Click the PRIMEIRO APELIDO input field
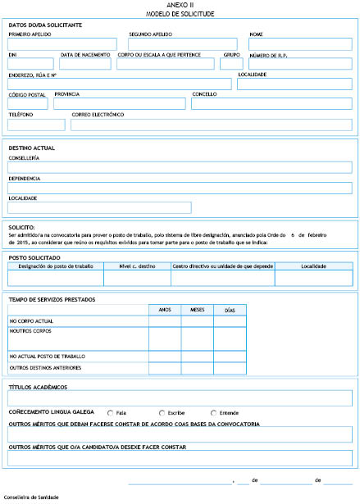pyautogui.click(x=64, y=45)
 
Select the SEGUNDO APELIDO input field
pyautogui.click(x=182, y=45)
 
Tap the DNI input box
pyautogui.click(x=30, y=64)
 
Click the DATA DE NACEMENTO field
pyautogui.click(x=86, y=64)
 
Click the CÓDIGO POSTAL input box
pyautogui.click(x=28, y=104)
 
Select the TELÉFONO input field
pyautogui.click(x=36, y=125)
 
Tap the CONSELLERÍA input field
pyautogui.click(x=180, y=167)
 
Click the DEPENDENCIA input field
pyautogui.click(x=180, y=188)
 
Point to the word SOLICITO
pyautogui.click(x=21, y=226)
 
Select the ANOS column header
pyautogui.click(x=164, y=310)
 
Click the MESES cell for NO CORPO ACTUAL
pyautogui.click(x=197, y=320)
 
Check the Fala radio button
pyautogui.click(x=111, y=412)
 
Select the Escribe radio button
pyautogui.click(x=161, y=412)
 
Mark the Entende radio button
pyautogui.click(x=214, y=412)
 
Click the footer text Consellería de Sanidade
pyautogui.click(x=31, y=497)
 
